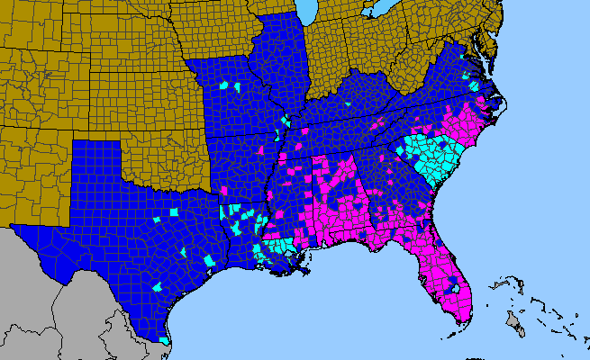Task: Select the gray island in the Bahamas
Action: pos(513,321)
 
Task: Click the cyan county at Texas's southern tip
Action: pos(164,341)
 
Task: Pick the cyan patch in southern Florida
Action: pos(455,289)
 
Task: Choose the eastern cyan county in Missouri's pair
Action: pos(237,87)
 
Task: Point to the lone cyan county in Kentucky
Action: pos(347,104)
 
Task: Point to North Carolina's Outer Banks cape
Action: pos(505,112)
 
